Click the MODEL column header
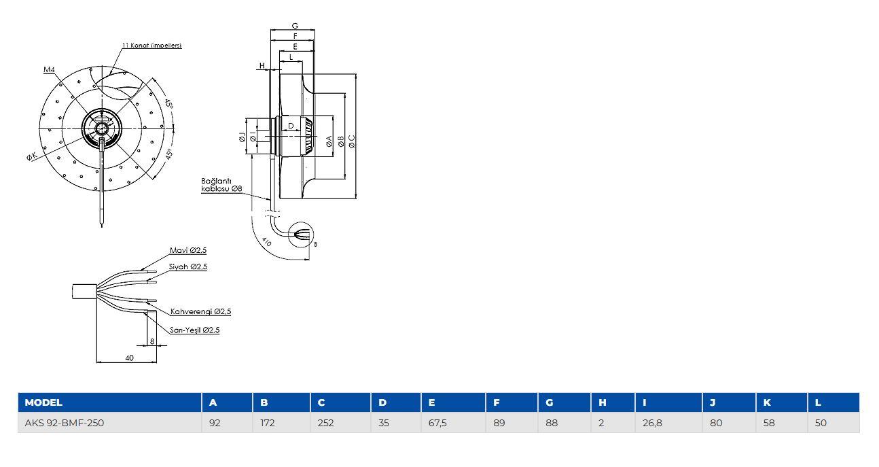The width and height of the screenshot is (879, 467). [x=43, y=402]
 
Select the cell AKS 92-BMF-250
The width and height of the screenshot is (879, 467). [x=65, y=423]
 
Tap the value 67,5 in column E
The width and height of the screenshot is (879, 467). [x=437, y=423]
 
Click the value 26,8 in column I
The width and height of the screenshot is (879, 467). [x=652, y=423]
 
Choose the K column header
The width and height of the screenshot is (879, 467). [x=767, y=402]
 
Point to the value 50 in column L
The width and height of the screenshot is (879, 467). [x=821, y=423]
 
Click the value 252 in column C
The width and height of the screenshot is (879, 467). [x=325, y=423]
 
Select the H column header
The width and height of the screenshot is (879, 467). [x=602, y=402]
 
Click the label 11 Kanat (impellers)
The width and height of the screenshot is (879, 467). [x=151, y=46]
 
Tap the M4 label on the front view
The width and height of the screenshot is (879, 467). [x=49, y=69]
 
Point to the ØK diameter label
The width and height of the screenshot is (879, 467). [x=32, y=157]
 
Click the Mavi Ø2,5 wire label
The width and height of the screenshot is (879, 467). [x=187, y=250]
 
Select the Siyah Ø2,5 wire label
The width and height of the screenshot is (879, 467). [x=187, y=266]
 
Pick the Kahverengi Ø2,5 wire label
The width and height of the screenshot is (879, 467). [x=200, y=311]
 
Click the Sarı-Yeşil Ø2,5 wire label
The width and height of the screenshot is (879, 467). [x=194, y=330]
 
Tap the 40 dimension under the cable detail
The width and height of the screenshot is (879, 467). [x=129, y=358]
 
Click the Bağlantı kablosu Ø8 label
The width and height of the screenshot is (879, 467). [x=219, y=184]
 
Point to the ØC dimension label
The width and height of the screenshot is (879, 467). [x=351, y=141]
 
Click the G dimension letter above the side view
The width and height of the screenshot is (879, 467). [x=295, y=26]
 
